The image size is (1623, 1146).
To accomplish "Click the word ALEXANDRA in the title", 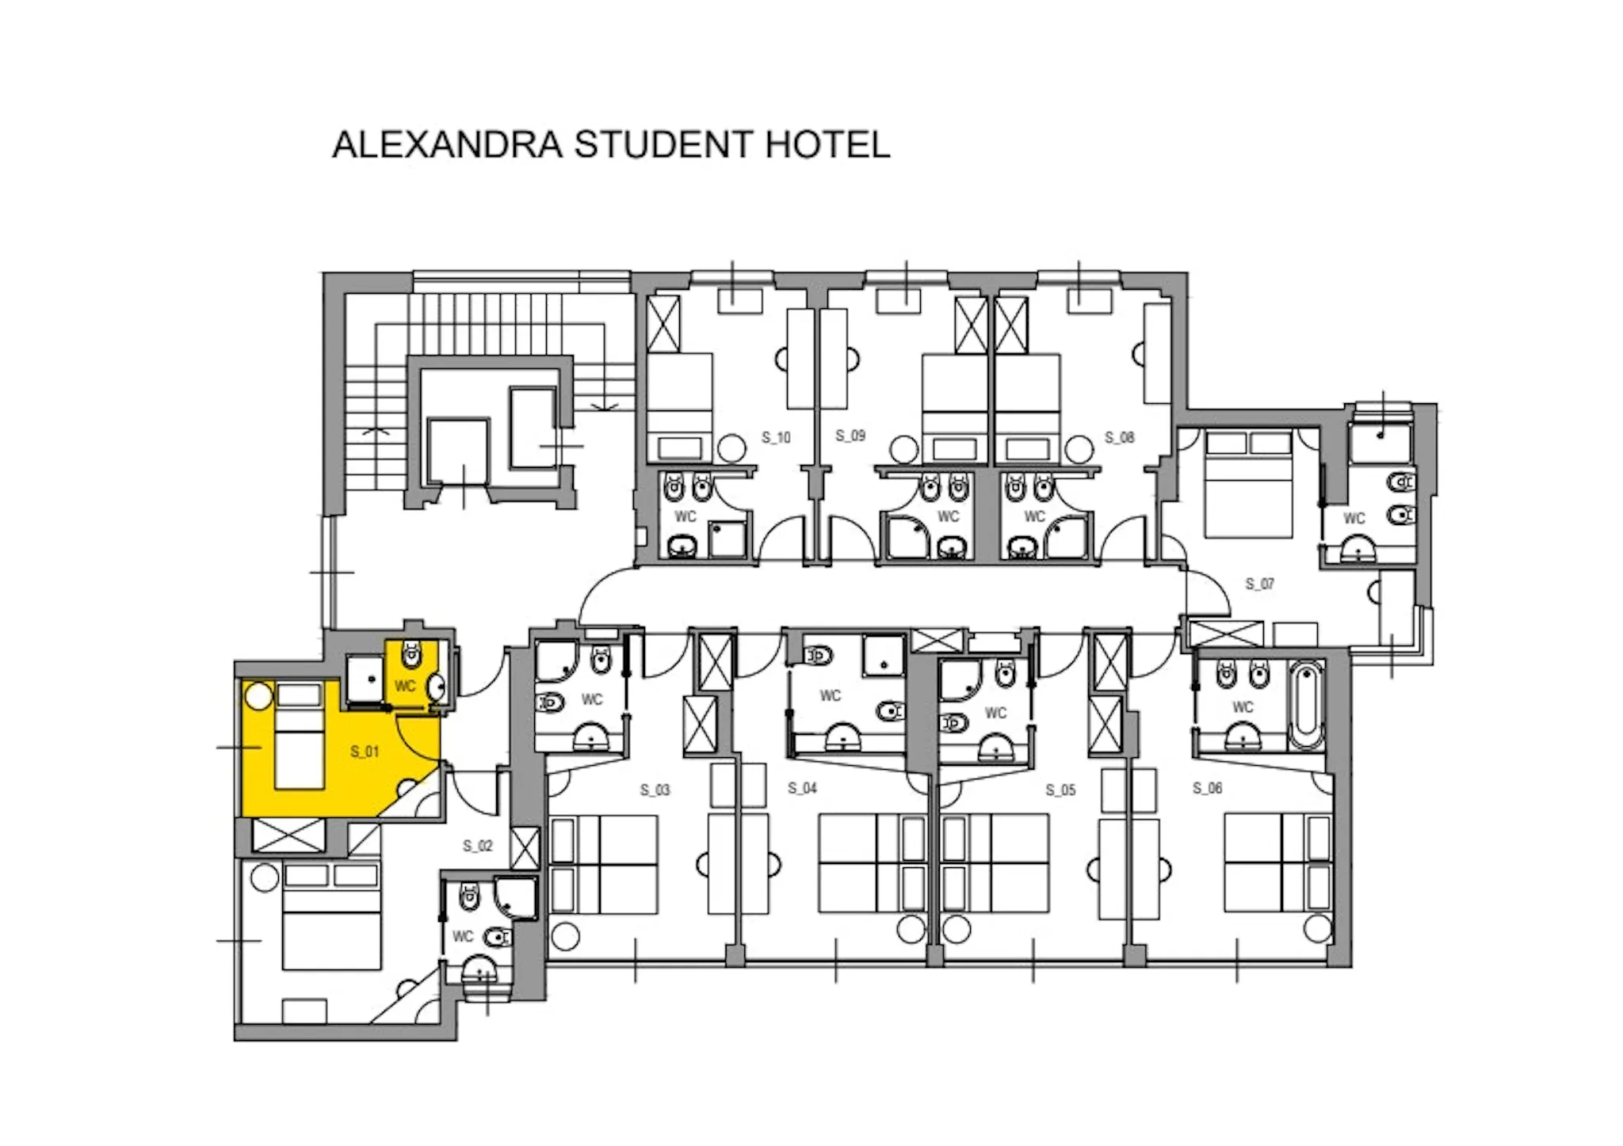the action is coord(448,144).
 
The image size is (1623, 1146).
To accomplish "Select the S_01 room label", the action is coord(365,752).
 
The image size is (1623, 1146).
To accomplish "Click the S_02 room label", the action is coord(478,846).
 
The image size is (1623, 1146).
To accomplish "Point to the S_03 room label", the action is coord(655,790).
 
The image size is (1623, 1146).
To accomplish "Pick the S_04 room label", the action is coord(803,788).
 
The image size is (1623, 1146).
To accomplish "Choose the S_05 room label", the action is coord(1060,790).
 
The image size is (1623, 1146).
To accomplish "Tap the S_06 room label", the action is coord(1208,788).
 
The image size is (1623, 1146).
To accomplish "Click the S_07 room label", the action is coord(1260,584).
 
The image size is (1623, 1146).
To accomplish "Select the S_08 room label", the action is coord(1120,437).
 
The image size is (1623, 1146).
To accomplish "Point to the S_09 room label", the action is coord(850,436).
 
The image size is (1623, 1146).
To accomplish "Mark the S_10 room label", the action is coord(777,437).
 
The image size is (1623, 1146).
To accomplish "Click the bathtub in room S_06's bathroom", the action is coord(1306,706).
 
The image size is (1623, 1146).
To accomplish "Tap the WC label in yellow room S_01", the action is coord(405,686).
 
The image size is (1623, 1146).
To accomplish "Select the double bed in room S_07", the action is coord(1248,484).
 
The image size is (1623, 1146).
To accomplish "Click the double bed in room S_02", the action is coord(332,916).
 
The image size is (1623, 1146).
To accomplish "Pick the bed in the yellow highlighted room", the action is coord(300,736).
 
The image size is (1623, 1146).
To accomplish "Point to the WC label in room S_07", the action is coord(1354,518).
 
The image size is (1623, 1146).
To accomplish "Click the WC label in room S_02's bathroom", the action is coord(463,937).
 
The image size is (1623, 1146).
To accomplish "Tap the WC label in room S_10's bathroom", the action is coord(685,516).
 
